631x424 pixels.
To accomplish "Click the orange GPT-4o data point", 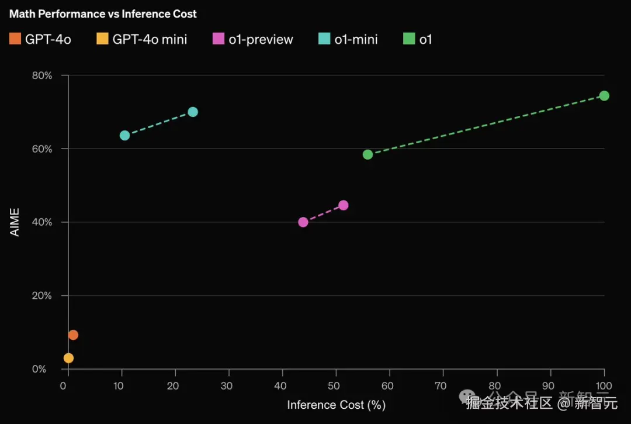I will [x=73, y=335].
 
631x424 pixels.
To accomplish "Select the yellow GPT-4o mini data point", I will [x=68, y=358].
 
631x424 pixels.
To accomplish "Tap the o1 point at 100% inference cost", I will [x=604, y=96].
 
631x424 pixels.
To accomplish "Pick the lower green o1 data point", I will [x=367, y=154].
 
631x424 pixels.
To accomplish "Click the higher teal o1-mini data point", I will [x=193, y=112].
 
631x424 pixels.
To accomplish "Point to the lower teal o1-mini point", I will [x=124, y=136].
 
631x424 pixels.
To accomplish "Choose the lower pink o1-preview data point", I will [x=303, y=222].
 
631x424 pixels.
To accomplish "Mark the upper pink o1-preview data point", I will [x=344, y=205].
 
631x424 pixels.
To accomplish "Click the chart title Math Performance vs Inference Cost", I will [x=103, y=14].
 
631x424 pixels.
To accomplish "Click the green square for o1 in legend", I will [x=409, y=39].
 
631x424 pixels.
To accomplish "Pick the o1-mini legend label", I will [x=356, y=40].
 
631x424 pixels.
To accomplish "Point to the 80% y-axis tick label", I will [x=41, y=75].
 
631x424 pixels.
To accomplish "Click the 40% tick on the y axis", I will [x=41, y=222].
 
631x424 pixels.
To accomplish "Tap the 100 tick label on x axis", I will [x=604, y=386].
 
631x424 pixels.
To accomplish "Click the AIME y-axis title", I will [x=15, y=222].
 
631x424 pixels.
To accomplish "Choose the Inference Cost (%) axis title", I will [x=336, y=405].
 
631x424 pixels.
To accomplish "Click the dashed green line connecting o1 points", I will [x=485, y=125].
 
